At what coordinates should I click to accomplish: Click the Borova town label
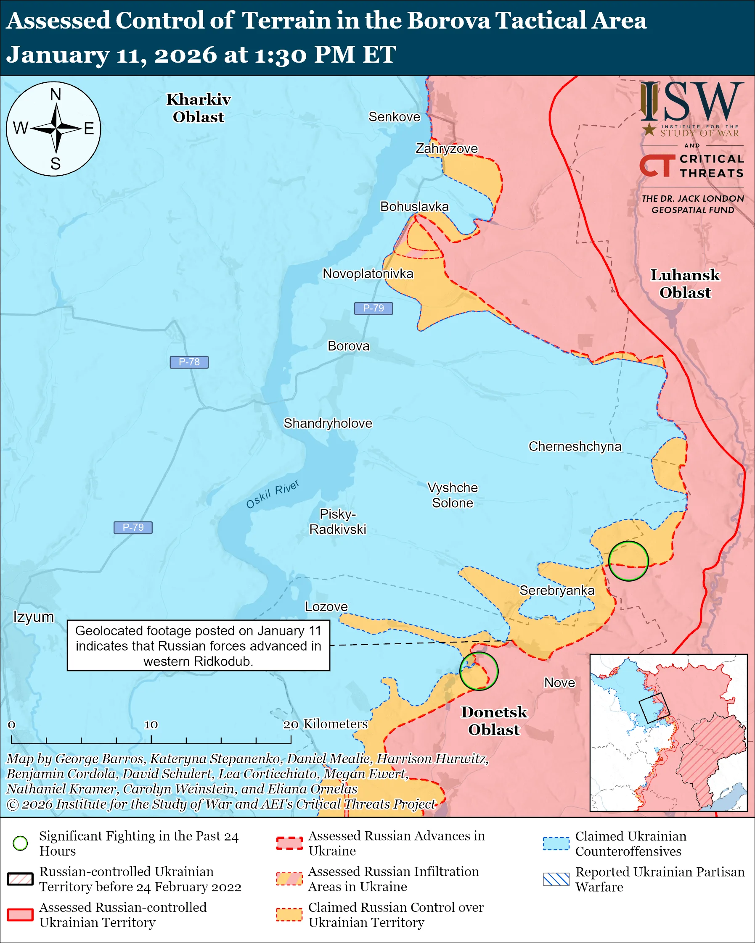coord(348,346)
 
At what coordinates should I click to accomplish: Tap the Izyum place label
coord(33,617)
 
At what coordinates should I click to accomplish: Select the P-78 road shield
coord(189,362)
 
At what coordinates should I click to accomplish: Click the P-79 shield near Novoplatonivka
coord(374,308)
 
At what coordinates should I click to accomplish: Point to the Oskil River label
coord(272,494)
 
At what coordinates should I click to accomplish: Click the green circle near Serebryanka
coord(628,561)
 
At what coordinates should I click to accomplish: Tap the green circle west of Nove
coord(479,672)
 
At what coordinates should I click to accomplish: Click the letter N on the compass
coord(56,95)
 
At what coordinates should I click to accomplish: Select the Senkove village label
coord(394,117)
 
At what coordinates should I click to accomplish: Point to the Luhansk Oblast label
coord(685,283)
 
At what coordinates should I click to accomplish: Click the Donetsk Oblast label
coord(494,720)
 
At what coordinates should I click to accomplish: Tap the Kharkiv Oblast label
coord(198,108)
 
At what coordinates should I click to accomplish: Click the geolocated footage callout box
coord(198,645)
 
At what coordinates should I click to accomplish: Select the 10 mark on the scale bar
coord(151,725)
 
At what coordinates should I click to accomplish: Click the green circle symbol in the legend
coord(21,843)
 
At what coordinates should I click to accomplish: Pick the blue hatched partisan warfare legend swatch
coord(556,879)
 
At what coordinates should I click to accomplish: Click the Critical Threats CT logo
coord(657,166)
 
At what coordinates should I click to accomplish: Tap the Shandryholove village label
coord(328,424)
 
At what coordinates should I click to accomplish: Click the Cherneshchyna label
coord(575,446)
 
